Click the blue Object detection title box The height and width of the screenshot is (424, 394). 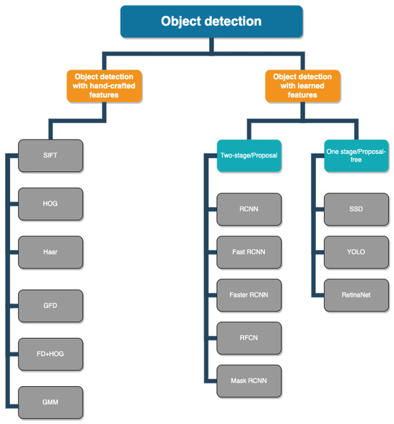pos(211,21)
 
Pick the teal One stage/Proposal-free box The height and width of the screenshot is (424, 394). pos(347,155)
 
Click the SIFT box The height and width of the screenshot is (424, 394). pos(50,155)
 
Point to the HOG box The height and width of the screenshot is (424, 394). pos(50,203)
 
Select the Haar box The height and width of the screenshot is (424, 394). pos(50,252)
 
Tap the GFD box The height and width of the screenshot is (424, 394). pos(50,305)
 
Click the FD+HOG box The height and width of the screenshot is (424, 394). pos(50,353)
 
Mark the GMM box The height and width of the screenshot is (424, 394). pos(50,402)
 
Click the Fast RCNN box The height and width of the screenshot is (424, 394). pos(249,252)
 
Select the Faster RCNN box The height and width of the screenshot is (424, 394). pos(249,294)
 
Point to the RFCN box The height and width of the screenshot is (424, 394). pos(249,337)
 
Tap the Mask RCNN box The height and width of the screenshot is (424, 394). pos(249,380)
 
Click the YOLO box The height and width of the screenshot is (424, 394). pos(355,252)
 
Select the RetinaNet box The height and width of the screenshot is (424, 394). pos(355,294)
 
